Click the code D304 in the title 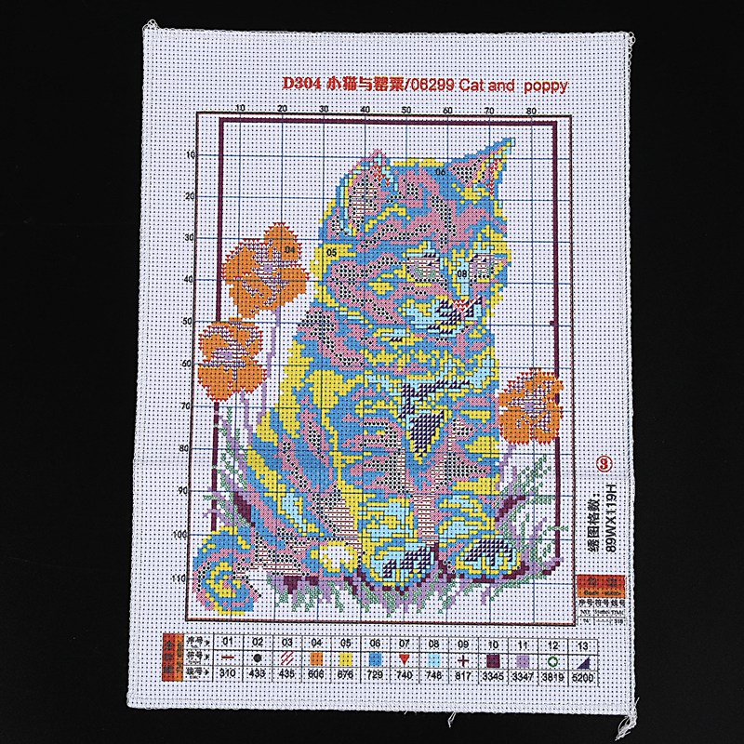pyautogui.click(x=302, y=85)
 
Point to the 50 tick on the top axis pyautogui.click(x=406, y=110)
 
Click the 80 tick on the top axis pyautogui.click(x=531, y=110)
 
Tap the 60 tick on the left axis pyautogui.click(x=188, y=364)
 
